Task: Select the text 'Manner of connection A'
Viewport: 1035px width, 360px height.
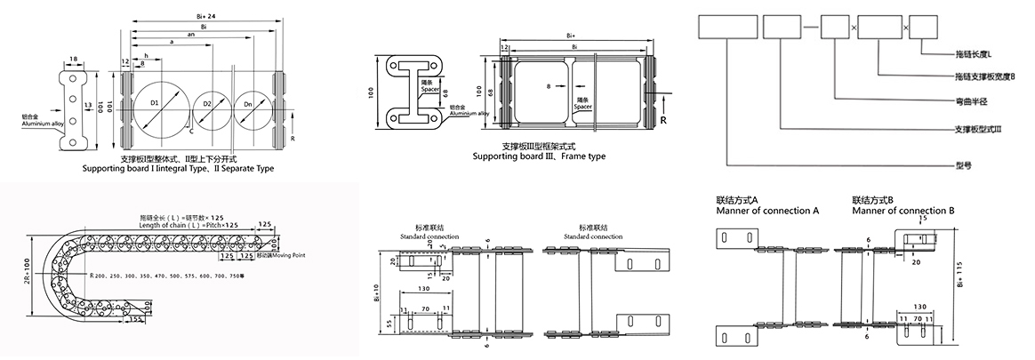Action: [766, 210]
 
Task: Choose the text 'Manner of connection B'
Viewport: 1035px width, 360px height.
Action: [903, 210]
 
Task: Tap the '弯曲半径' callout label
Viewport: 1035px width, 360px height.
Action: [967, 100]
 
